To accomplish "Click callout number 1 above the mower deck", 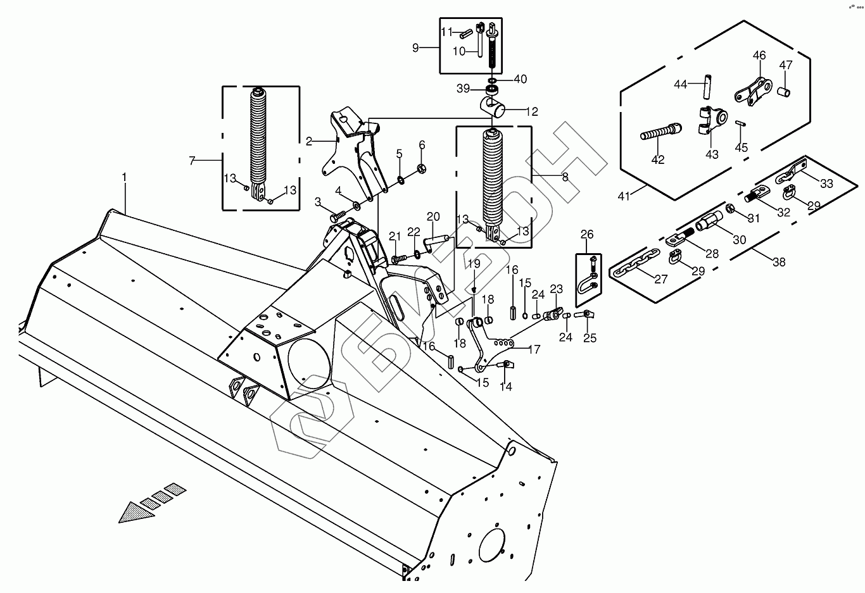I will coord(125,180).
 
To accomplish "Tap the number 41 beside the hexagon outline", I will coord(624,197).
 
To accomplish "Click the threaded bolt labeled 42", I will coord(660,134).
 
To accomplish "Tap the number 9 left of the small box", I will coord(415,47).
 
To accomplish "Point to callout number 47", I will coord(785,65).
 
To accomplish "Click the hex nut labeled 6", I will coord(422,169).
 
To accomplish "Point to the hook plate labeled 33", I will coord(792,172).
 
